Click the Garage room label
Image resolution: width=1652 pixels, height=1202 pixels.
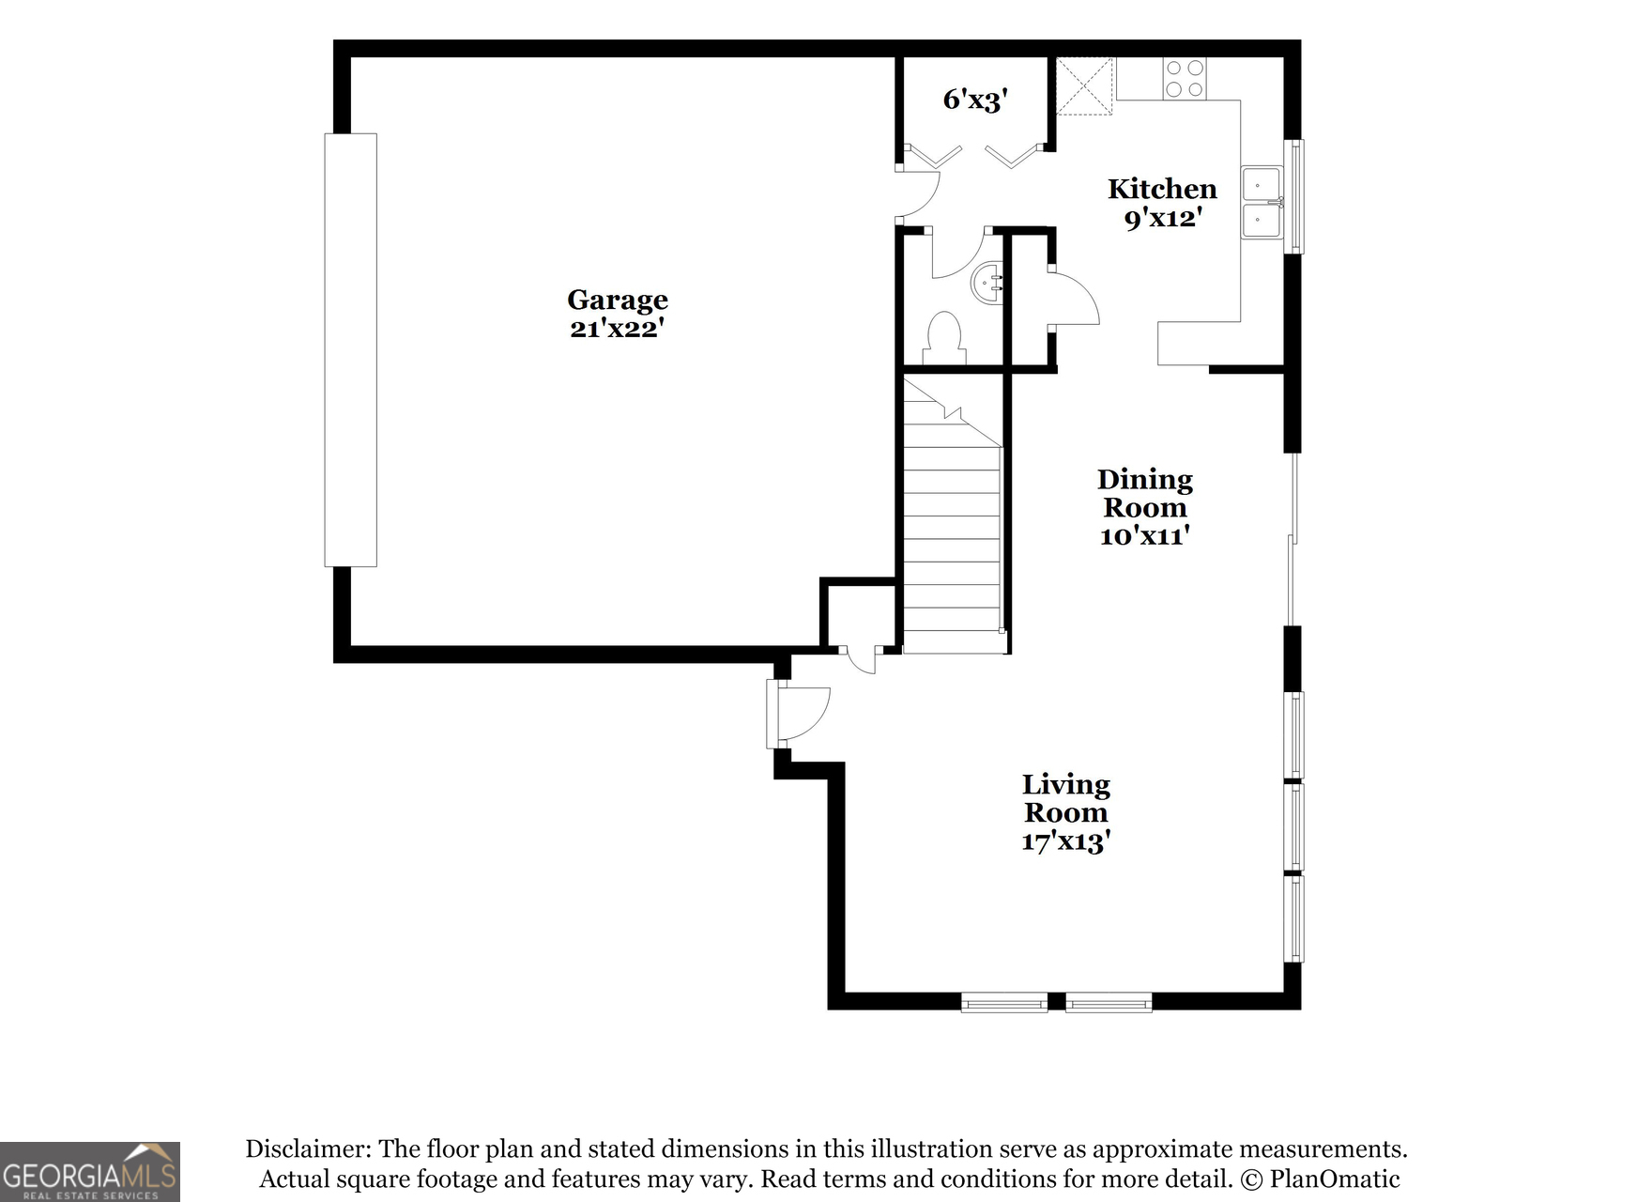coord(617,300)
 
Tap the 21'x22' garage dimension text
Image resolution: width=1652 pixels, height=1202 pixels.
coord(617,329)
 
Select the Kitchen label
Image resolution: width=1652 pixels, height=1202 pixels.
coord(1162,189)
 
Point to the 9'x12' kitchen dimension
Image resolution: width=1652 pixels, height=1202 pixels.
coord(1163,218)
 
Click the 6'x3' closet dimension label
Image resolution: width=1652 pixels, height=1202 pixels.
coord(975,99)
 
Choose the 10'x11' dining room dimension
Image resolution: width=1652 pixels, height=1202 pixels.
coord(1144,536)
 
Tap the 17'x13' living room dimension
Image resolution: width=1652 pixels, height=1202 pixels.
coord(1065,841)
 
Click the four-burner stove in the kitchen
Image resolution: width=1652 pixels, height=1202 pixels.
coord(1184,79)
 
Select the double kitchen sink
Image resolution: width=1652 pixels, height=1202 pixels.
coord(1262,203)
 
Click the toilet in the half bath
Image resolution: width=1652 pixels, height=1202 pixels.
coord(944,339)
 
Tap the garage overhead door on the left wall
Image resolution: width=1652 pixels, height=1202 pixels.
coord(350,350)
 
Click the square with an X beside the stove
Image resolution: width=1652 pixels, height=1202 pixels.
coord(1085,86)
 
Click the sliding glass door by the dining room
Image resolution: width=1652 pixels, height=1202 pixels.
coord(1293,540)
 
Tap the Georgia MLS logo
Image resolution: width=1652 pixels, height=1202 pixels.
coord(90,1171)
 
